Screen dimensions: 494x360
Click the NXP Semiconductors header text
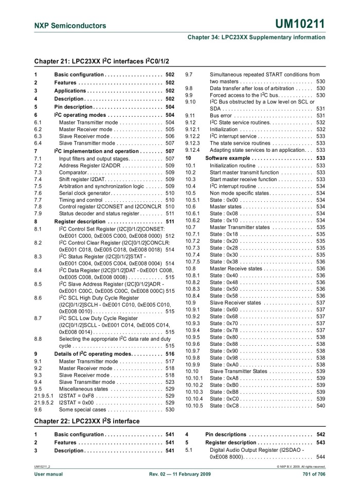click(70, 25)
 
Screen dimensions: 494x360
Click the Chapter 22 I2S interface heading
click(87, 421)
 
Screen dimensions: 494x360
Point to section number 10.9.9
click(192, 364)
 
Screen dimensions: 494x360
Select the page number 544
click(321, 457)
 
